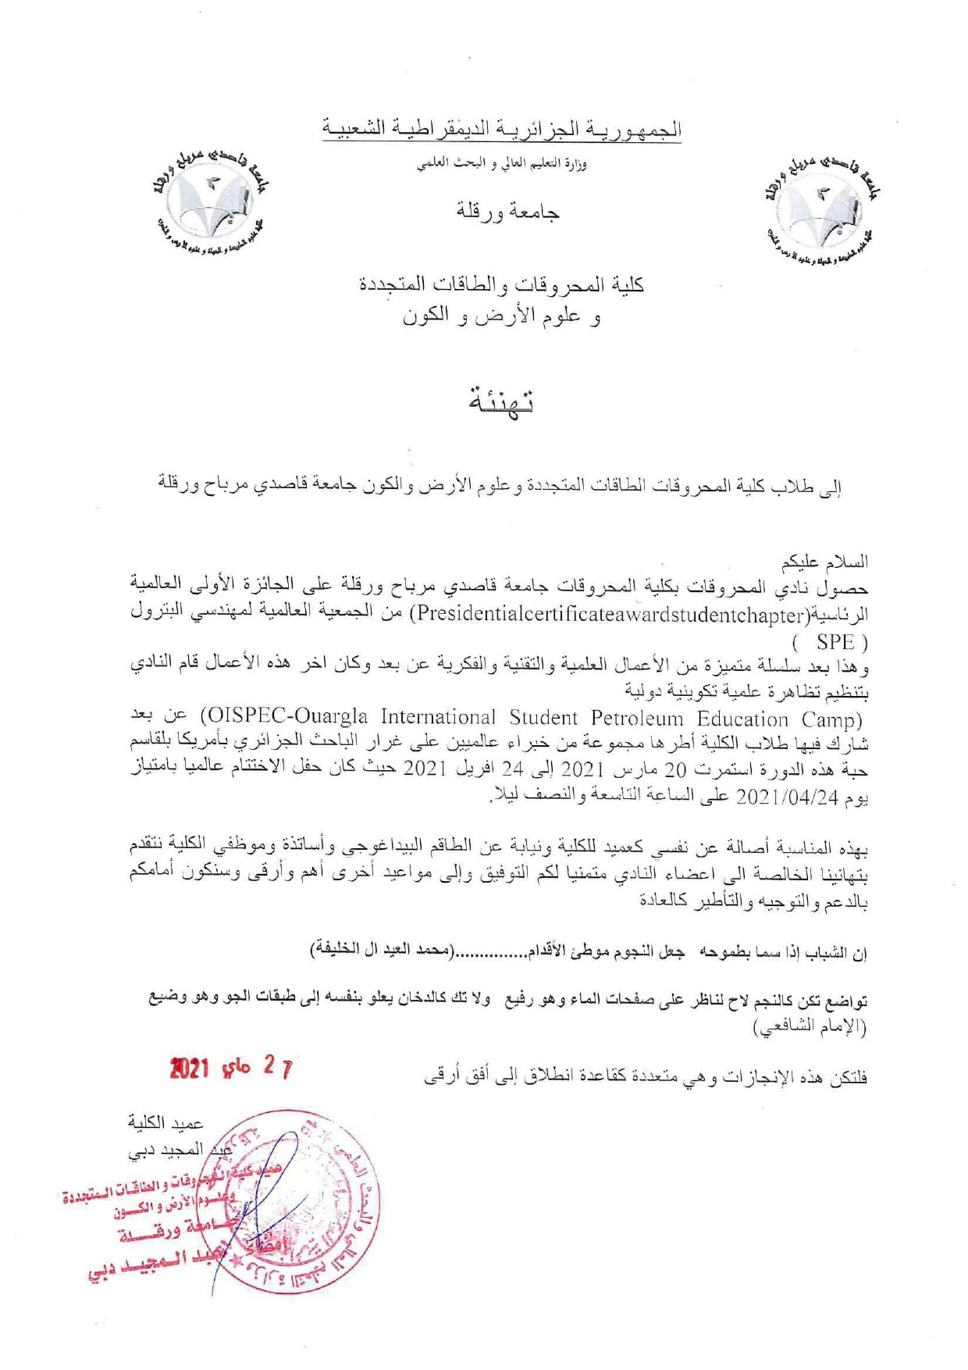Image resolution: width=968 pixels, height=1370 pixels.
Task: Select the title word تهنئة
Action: click(500, 401)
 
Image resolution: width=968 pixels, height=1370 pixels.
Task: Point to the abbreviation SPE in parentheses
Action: click(835, 642)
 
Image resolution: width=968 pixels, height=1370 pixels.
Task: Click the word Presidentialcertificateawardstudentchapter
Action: click(610, 614)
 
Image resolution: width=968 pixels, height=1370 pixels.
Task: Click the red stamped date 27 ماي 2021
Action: click(231, 1068)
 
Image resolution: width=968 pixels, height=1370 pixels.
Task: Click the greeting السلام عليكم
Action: click(828, 562)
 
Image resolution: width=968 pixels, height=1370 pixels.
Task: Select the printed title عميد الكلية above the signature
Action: click(165, 1123)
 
